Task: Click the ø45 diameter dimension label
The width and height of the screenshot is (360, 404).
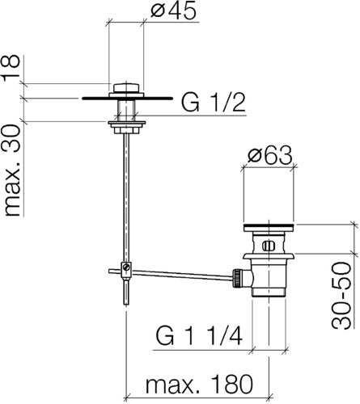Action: pos(173,11)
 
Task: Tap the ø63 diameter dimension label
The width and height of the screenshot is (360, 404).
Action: pos(269,156)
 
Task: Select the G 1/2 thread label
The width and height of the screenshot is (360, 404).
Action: pos(214,103)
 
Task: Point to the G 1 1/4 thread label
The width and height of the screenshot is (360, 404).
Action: pos(199,336)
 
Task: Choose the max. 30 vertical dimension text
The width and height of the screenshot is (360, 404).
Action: pos(12,170)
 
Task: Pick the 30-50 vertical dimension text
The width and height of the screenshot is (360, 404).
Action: pos(341,295)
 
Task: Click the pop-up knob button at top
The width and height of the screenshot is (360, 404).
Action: pos(126,88)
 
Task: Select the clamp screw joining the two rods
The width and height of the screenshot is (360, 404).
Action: pos(126,267)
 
